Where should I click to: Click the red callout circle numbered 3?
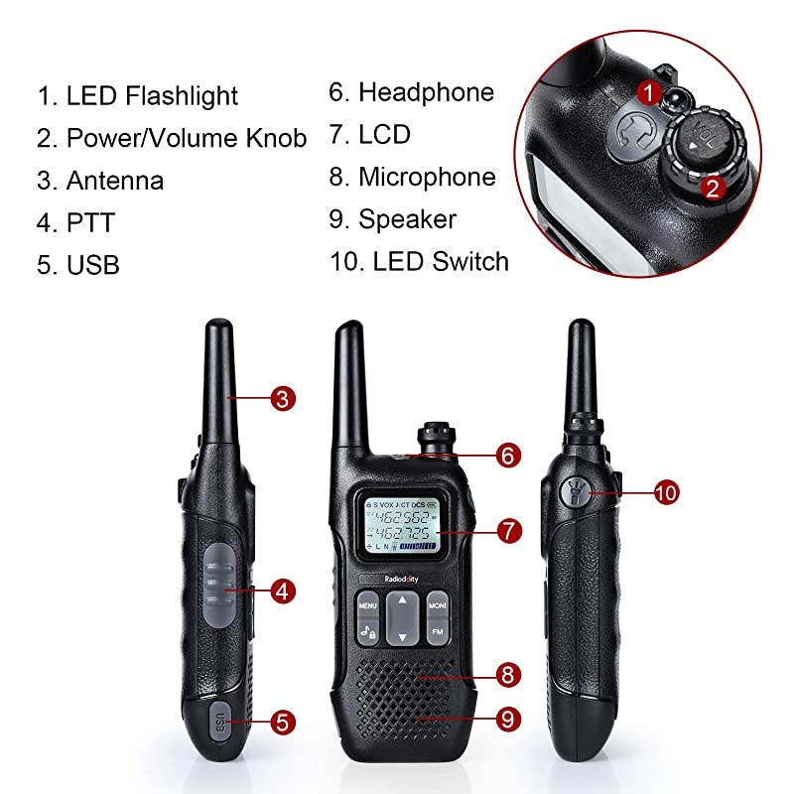pyautogui.click(x=283, y=400)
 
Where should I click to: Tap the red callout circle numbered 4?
pyautogui.click(x=283, y=592)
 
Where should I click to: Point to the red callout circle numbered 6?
pyautogui.click(x=507, y=456)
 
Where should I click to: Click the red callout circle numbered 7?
pyautogui.click(x=507, y=531)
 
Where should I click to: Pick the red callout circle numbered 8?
pyautogui.click(x=507, y=676)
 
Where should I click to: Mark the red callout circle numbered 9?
pyautogui.click(x=507, y=717)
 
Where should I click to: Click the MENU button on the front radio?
pyautogui.click(x=367, y=604)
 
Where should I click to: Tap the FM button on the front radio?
pyautogui.click(x=437, y=631)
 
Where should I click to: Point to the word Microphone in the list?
pyautogui.click(x=426, y=177)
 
